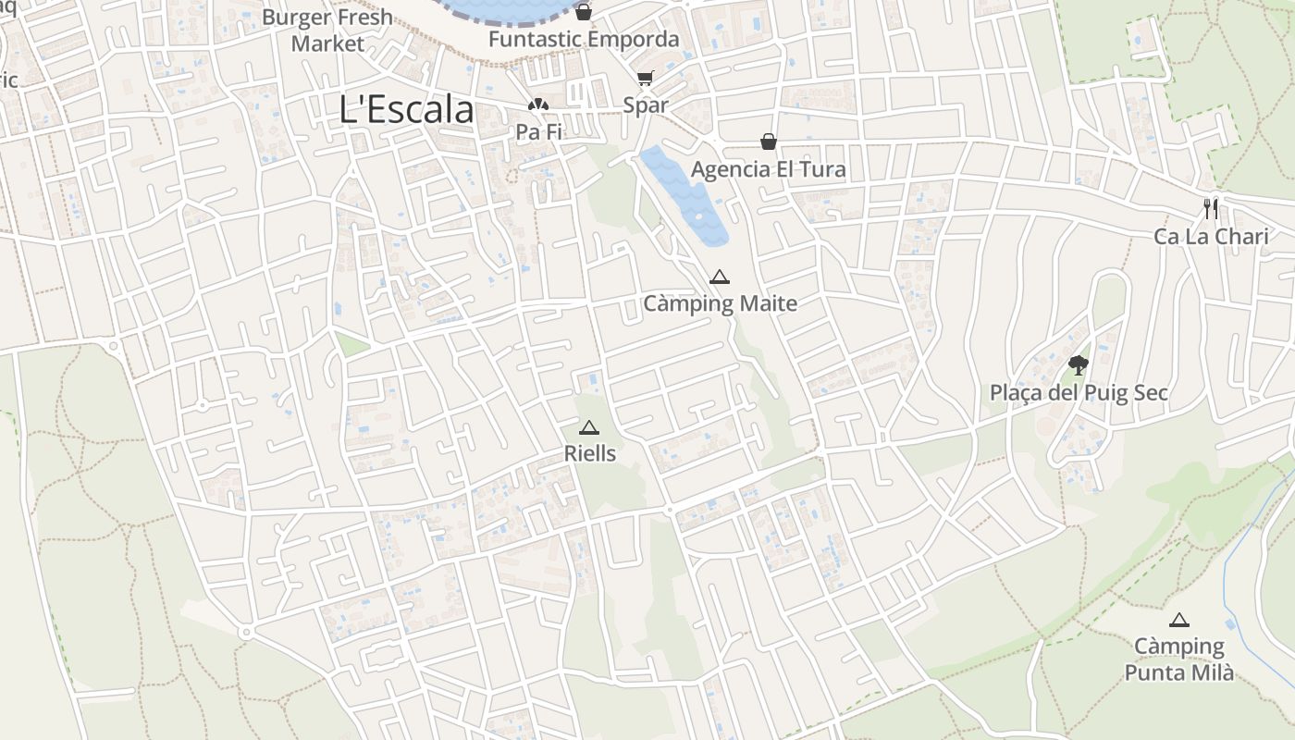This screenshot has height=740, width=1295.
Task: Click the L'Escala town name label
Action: pos(406,109)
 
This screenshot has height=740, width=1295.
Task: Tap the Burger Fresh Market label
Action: pos(327,31)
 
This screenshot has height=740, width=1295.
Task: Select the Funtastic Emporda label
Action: pos(584,40)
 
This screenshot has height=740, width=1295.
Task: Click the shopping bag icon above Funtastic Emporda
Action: pos(584,12)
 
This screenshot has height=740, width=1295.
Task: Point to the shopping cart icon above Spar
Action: pos(645,79)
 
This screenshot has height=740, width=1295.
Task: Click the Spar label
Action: pos(645,105)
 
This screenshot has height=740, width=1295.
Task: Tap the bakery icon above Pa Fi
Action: pos(538,105)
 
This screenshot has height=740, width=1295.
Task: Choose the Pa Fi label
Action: pos(538,132)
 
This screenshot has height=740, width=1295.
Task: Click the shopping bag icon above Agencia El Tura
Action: pos(768,142)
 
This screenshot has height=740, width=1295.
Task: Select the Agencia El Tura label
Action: pos(768,170)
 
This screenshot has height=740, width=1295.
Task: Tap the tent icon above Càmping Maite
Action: pos(720,277)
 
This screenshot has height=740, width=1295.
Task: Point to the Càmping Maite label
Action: pos(720,303)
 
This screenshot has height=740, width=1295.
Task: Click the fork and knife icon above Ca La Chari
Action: pos(1211,208)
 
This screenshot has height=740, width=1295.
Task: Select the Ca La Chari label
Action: pos(1211,237)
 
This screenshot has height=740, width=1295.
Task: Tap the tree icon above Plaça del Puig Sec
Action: pos(1078,364)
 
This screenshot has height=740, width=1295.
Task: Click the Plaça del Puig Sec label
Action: pos(1078,393)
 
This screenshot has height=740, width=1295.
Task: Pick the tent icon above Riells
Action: pos(589,427)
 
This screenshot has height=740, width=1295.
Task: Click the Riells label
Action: pos(589,454)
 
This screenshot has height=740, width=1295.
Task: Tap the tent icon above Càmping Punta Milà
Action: pos(1178,620)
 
